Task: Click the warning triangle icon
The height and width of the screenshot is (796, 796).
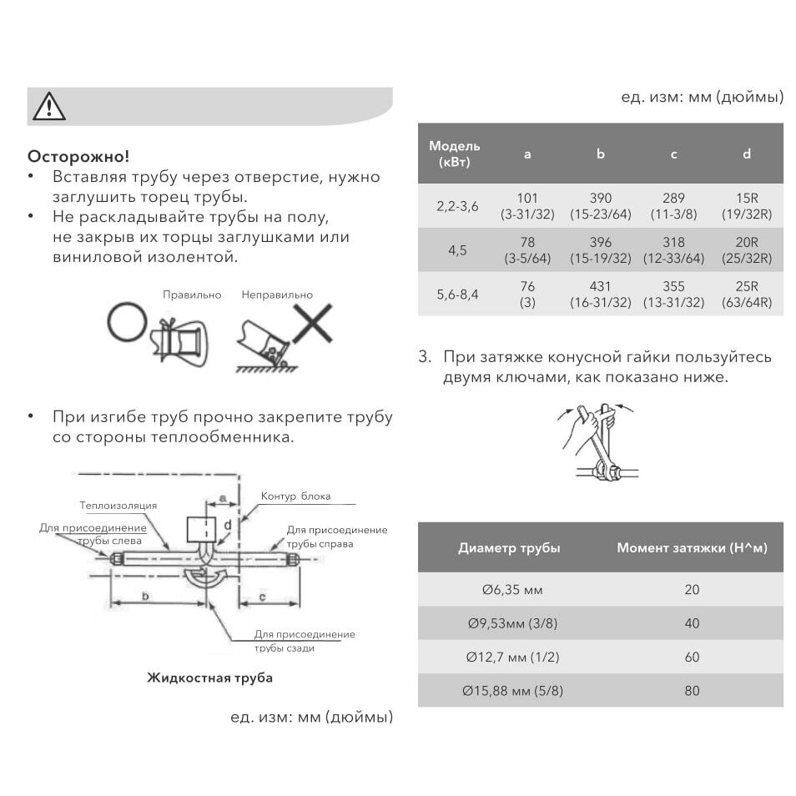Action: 49,106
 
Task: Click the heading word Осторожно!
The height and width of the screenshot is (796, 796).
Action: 78,156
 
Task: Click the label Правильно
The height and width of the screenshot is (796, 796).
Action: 192,295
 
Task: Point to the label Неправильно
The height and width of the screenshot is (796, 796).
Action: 277,295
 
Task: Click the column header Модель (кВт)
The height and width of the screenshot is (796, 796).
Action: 455,154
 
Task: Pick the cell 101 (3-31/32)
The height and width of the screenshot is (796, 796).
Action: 527,205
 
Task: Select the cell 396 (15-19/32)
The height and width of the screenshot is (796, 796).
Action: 600,250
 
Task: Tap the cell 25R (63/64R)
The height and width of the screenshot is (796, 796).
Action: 746,294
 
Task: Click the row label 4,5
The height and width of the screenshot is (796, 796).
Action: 457,250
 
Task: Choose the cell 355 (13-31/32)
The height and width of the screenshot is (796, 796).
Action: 673,294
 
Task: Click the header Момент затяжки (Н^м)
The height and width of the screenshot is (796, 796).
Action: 692,547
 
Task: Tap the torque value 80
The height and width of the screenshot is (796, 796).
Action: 692,690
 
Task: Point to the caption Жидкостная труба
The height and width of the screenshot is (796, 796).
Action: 209,678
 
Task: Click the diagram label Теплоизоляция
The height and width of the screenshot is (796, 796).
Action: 118,506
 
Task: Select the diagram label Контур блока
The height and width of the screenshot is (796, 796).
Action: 295,496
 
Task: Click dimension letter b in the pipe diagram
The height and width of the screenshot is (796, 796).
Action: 145,596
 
